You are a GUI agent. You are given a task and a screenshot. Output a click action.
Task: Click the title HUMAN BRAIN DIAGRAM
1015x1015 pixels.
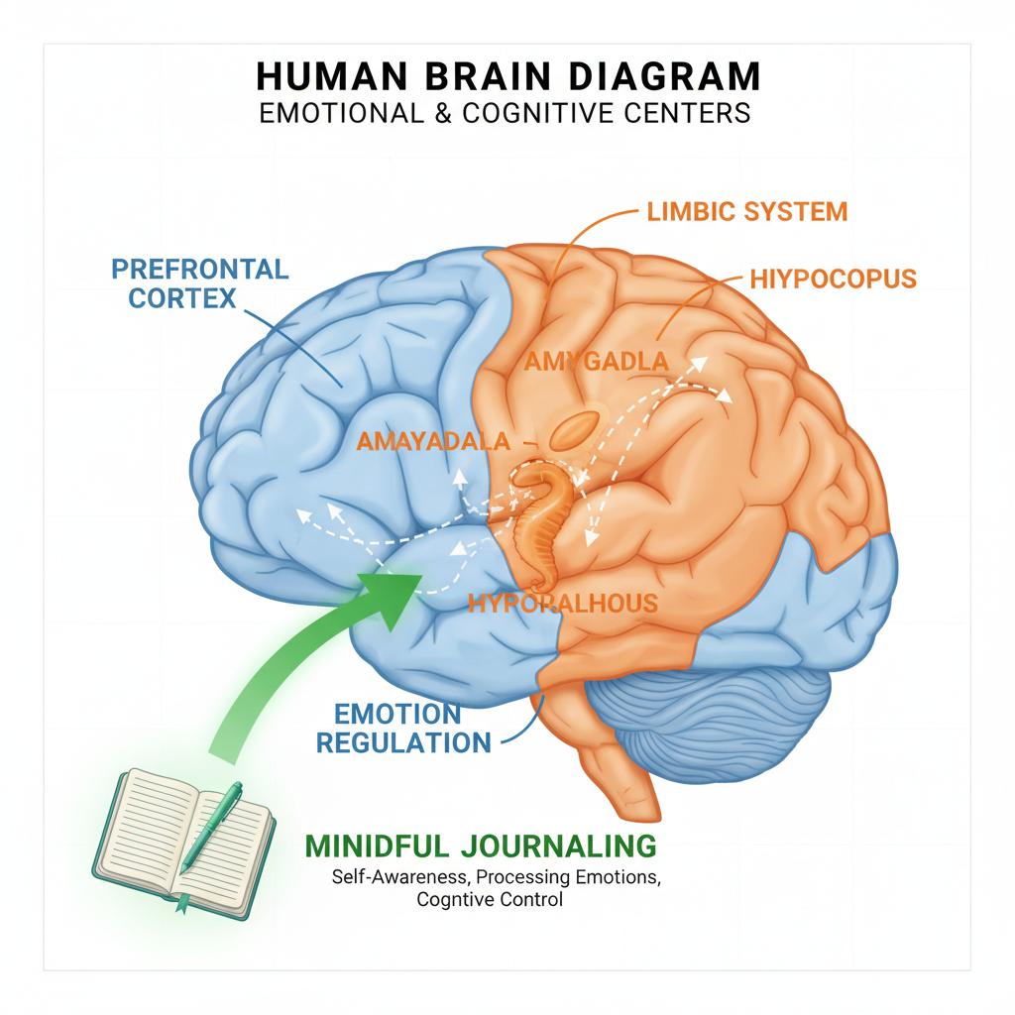pyautogui.click(x=507, y=77)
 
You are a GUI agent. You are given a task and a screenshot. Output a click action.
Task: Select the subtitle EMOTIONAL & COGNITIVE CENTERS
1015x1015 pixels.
pyautogui.click(x=507, y=113)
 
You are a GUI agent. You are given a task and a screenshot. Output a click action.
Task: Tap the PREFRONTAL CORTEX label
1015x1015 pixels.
pyautogui.click(x=200, y=282)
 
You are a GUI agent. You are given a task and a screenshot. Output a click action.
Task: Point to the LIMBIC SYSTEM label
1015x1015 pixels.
pyautogui.click(x=746, y=211)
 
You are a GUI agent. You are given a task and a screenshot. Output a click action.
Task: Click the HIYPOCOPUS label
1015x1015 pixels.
pyautogui.click(x=832, y=279)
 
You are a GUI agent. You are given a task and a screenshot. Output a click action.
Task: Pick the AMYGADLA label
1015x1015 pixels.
pyautogui.click(x=595, y=362)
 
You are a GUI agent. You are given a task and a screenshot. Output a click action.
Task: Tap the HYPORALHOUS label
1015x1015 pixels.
pyautogui.click(x=562, y=602)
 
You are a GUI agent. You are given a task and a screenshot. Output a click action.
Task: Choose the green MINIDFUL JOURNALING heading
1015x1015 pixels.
pyautogui.click(x=481, y=846)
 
